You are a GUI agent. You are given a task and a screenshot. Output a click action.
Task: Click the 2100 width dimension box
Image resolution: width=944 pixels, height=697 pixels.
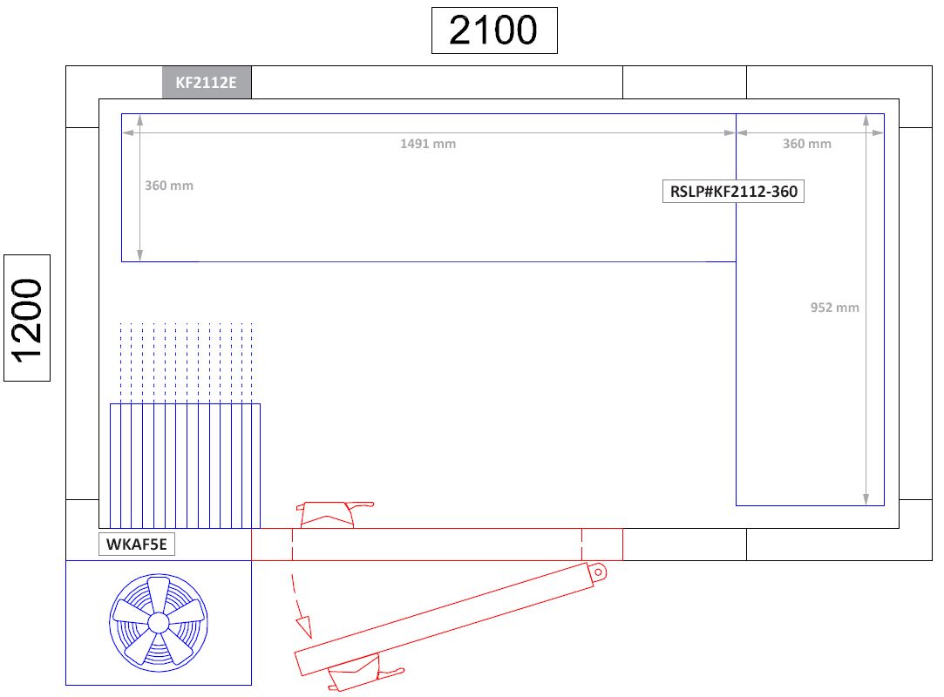(x=494, y=30)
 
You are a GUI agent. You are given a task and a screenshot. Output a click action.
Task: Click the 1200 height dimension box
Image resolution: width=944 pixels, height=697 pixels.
(x=27, y=318)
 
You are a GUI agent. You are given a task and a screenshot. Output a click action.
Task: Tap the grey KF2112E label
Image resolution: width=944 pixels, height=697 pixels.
(x=207, y=84)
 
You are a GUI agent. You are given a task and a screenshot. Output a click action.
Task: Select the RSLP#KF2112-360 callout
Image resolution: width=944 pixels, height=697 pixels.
(x=733, y=192)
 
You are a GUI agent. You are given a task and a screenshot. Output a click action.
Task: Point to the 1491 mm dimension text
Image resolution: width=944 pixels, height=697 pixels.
(x=428, y=144)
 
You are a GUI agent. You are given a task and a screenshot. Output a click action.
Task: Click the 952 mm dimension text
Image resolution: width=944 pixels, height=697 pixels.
(x=834, y=308)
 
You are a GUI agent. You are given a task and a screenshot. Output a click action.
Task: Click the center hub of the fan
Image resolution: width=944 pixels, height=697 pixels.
(x=158, y=622)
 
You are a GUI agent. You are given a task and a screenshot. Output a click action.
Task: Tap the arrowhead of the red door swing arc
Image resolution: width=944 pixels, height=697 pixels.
(x=303, y=626)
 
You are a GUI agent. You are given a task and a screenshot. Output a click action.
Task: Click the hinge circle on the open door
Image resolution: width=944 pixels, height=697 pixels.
(x=598, y=572)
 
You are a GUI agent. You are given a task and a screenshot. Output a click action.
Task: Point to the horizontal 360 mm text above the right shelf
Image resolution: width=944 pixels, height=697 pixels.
(x=806, y=144)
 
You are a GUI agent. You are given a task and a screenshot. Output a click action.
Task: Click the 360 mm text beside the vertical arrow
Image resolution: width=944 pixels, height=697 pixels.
(x=169, y=186)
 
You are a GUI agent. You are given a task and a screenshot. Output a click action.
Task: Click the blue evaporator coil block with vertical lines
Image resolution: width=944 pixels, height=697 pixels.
(x=185, y=465)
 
